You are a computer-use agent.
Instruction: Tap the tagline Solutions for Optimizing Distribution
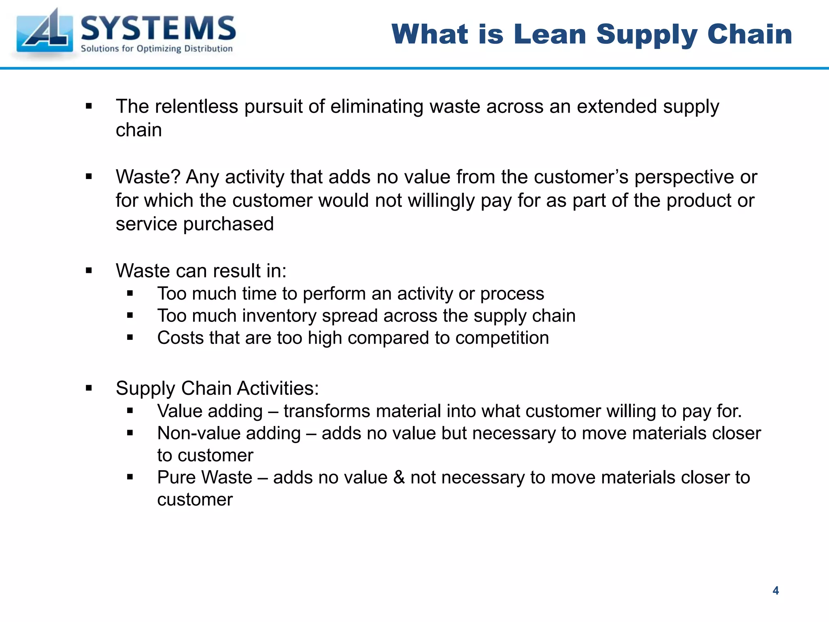tap(157, 49)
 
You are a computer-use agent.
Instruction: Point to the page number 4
tap(776, 590)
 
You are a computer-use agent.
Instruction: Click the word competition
tap(502, 338)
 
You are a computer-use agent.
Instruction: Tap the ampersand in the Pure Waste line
tap(399, 477)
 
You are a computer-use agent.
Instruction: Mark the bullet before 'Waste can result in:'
tap(89, 271)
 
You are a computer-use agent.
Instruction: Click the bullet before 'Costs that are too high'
tap(130, 337)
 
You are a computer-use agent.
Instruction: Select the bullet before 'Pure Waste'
tap(130, 477)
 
